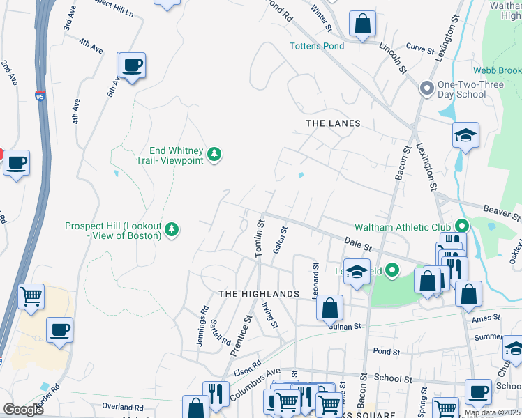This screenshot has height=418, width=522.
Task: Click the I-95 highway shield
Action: (40, 97)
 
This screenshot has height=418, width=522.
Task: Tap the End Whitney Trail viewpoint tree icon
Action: (216, 154)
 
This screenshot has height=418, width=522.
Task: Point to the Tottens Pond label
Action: (317, 47)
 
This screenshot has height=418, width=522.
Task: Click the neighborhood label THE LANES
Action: (334, 123)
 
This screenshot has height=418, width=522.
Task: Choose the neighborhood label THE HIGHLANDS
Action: (259, 295)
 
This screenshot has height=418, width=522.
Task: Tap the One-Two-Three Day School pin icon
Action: (426, 88)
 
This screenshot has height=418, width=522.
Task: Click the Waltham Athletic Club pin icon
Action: (461, 226)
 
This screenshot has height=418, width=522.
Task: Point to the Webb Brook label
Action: (497, 70)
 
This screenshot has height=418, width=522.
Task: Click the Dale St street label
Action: (357, 243)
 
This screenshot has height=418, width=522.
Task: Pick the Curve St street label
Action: (419, 50)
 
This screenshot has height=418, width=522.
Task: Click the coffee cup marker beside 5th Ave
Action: (131, 66)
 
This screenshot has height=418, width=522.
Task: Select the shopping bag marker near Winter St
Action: (362, 24)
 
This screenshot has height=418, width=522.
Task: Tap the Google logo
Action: (24, 410)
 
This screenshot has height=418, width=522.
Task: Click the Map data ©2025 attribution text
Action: (492, 412)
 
